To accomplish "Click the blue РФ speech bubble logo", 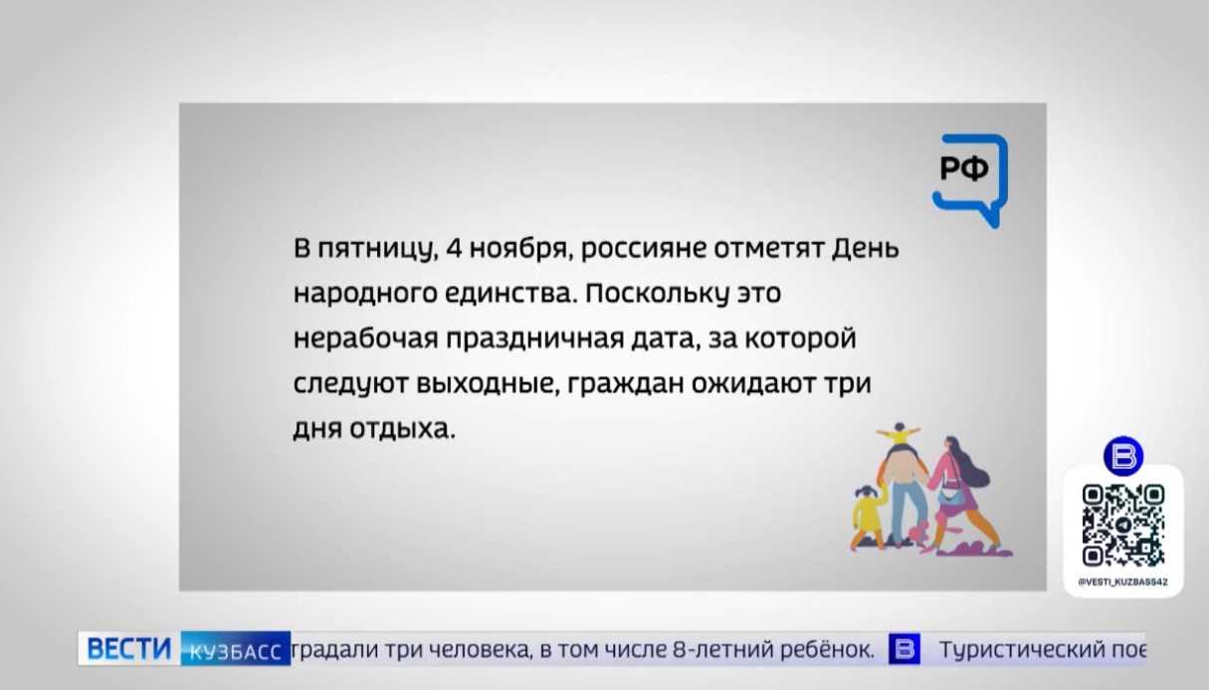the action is point(971,180).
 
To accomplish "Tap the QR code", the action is point(1123,525).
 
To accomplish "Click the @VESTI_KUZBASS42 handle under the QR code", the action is point(1123,582).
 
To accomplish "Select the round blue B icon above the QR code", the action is point(1123,456).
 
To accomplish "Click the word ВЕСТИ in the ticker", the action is point(128,648).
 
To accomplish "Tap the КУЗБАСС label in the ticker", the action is point(235,651).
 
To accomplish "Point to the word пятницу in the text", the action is point(377,250).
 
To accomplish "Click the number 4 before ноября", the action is point(455,248).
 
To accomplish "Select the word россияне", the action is point(644,250).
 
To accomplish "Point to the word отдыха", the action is point(403,430).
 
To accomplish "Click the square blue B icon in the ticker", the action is point(905,649).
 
